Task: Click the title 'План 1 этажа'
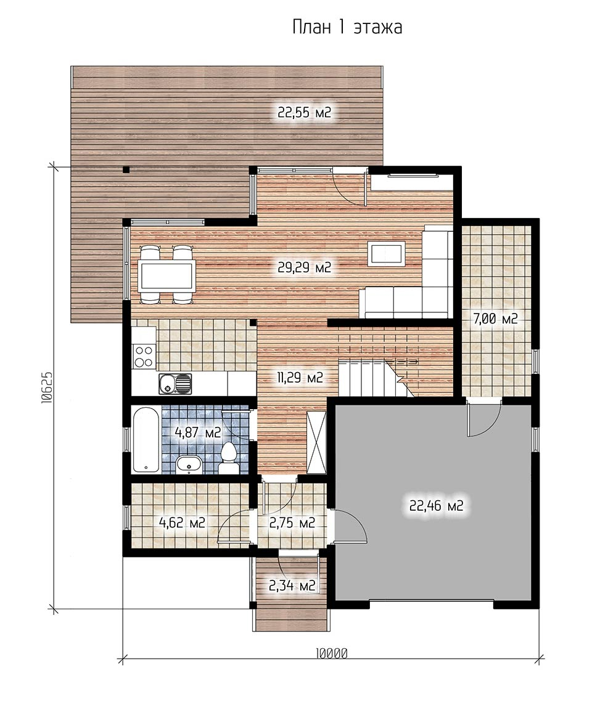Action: coord(347,27)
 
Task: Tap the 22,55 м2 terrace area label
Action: coord(305,112)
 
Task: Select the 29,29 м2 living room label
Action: coord(305,267)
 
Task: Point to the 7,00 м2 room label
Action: coord(495,319)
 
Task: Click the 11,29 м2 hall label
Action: coord(300,377)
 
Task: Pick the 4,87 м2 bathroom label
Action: coord(198,432)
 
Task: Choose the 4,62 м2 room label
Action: coord(182,523)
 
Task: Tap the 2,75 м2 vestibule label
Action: coord(292,523)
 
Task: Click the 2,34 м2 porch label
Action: coord(292,586)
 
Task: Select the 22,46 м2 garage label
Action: coord(436,505)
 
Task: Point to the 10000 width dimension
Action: coord(331,654)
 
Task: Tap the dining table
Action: coord(167,275)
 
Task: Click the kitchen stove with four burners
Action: coord(144,356)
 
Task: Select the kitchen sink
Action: coord(175,384)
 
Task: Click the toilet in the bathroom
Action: coord(228,459)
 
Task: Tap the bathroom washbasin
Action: coord(189,465)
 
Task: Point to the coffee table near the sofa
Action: coord(386,253)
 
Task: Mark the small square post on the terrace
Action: coord(126,170)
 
